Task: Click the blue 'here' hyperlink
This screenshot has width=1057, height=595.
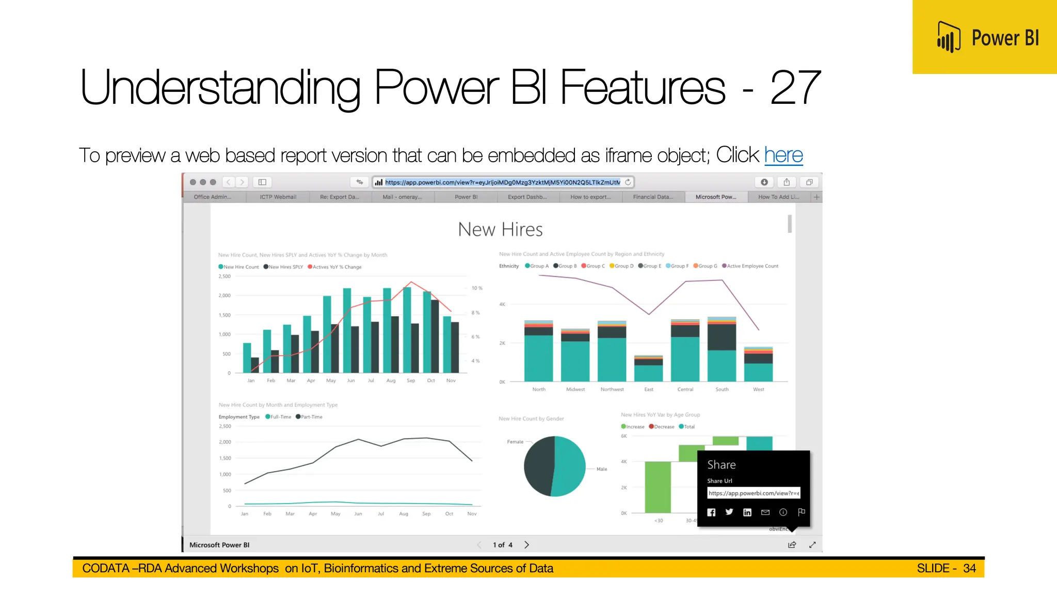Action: [x=783, y=155]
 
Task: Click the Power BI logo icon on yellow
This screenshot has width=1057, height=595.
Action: [x=949, y=37]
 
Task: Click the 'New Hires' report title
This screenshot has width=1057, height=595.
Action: [x=500, y=229]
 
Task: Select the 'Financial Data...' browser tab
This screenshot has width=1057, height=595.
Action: [x=653, y=197]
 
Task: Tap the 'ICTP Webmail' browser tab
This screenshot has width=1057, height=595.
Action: [x=278, y=197]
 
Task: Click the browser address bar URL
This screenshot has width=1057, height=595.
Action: [x=502, y=182]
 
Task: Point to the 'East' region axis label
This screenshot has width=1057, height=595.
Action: [x=649, y=389]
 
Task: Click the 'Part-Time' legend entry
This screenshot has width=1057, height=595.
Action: [x=311, y=417]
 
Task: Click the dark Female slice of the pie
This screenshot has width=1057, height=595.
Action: [x=538, y=466]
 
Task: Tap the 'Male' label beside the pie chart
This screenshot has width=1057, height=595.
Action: [x=602, y=469]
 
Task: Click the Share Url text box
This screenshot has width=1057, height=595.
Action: [x=753, y=493]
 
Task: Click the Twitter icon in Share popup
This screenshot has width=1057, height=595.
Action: [x=729, y=512]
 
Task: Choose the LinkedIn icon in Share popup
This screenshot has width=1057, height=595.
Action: [x=747, y=512]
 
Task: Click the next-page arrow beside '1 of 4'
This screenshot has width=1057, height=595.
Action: [x=526, y=545]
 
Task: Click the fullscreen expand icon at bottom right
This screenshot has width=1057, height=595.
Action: [x=812, y=545]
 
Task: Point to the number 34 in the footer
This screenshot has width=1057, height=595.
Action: [x=969, y=568]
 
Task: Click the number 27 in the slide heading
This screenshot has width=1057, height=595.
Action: [x=794, y=88]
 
